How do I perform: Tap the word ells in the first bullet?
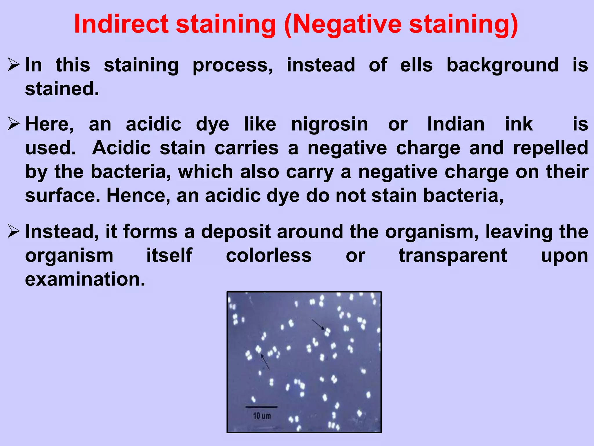tap(416, 65)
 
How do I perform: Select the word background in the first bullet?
tap(502, 65)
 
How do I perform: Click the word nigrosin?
tap(329, 125)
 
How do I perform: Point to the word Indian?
tap(456, 124)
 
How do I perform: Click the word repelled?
tap(550, 148)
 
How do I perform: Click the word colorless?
tap(269, 256)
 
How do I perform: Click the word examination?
tap(85, 279)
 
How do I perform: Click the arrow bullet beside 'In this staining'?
tap(14, 65)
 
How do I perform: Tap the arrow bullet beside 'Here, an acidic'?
tap(14, 124)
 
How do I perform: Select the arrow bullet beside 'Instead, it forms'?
tap(14, 232)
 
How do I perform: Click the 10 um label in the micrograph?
tap(262, 416)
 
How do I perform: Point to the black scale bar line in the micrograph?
tap(261, 407)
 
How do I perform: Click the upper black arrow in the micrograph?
tap(318, 325)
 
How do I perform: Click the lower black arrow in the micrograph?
tap(265, 362)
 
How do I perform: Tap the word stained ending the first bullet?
tap(62, 89)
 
